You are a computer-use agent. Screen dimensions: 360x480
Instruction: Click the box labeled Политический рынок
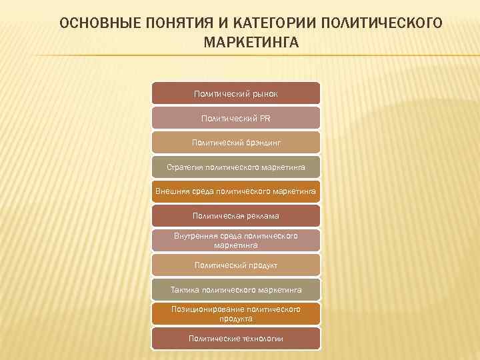point(236,94)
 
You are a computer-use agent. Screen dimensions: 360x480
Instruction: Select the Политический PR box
point(236,118)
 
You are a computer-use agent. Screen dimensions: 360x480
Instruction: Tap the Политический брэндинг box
point(236,143)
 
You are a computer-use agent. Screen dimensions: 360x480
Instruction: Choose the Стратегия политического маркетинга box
point(236,167)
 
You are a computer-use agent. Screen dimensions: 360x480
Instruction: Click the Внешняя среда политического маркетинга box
point(236,192)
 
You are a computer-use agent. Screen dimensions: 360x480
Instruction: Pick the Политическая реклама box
point(236,216)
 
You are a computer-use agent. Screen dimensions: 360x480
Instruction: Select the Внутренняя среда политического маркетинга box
point(236,241)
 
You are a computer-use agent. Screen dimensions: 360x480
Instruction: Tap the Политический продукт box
point(236,265)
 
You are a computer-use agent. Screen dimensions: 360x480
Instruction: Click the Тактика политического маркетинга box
point(236,290)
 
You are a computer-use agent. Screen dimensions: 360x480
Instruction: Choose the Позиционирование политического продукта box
point(236,314)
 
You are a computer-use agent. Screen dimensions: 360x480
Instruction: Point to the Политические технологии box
point(236,339)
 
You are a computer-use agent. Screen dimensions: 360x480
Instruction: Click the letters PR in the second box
point(265,118)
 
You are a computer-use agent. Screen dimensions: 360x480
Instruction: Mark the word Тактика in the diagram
point(185,290)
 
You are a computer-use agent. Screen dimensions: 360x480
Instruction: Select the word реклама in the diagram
point(262,216)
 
